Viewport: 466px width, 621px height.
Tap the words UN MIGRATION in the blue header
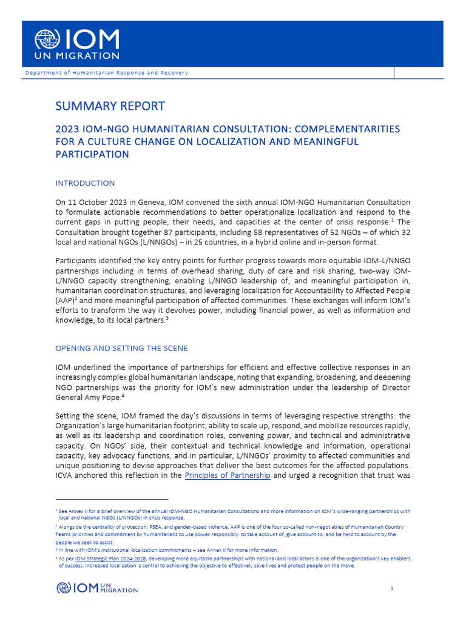[x=76, y=56]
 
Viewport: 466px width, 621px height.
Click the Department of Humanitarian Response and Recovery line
[x=106, y=73]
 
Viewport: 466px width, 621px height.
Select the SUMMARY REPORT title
[x=110, y=106]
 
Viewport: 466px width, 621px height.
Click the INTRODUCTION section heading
[x=85, y=183]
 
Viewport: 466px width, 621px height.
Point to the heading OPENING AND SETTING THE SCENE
[x=121, y=348]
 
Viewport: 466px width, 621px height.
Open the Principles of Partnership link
[x=228, y=475]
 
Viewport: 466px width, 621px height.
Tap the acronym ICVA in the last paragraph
[x=65, y=475]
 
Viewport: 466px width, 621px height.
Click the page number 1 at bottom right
[x=392, y=588]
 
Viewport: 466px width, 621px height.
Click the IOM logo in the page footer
[x=97, y=587]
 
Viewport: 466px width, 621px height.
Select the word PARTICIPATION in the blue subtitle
[x=92, y=154]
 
